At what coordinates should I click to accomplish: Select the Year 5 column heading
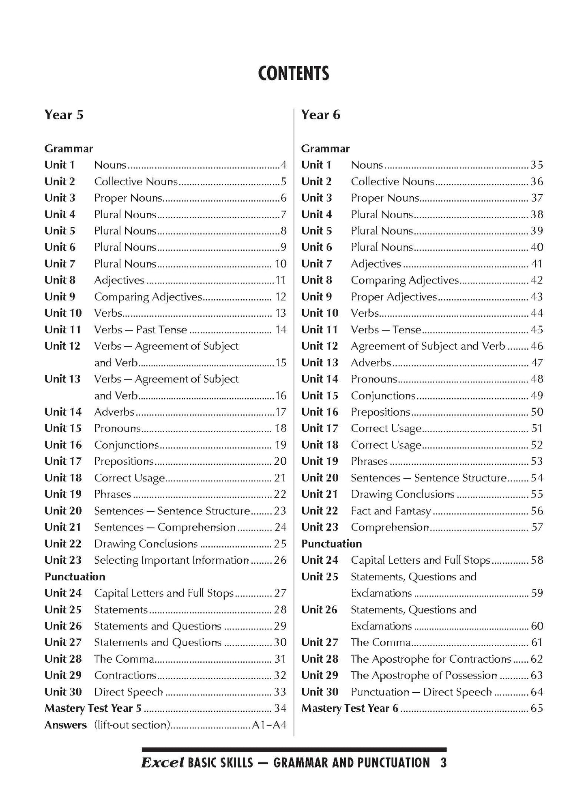[x=64, y=115]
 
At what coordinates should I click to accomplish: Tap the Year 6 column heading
[x=320, y=115]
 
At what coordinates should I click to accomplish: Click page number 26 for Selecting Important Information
[x=280, y=560]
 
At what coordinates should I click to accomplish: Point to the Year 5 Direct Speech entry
[x=128, y=692]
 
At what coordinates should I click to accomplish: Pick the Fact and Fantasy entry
[x=391, y=511]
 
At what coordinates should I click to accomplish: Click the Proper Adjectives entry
[x=394, y=297]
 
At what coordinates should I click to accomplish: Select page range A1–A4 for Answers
[x=269, y=725]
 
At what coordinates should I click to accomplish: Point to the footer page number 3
[x=443, y=763]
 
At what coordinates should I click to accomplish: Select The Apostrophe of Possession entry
[x=424, y=675]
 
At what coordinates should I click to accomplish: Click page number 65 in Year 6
[x=537, y=709]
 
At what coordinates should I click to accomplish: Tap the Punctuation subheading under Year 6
[x=331, y=544]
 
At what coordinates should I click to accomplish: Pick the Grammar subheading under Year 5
[x=69, y=149]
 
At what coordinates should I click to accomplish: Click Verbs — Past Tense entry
[x=140, y=330]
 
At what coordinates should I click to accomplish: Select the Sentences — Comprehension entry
[x=165, y=527]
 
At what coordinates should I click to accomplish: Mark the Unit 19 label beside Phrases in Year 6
[x=319, y=461]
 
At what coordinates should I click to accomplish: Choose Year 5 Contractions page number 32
[x=280, y=675]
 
